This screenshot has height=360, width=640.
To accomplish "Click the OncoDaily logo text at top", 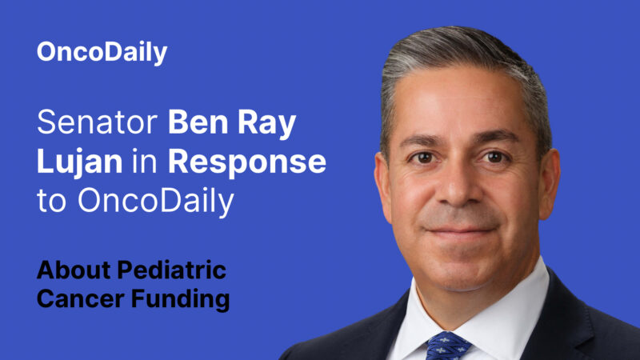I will click(102, 53).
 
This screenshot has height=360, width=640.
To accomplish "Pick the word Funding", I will click(179, 299).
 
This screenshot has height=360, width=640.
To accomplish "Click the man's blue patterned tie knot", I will click(448, 345).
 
